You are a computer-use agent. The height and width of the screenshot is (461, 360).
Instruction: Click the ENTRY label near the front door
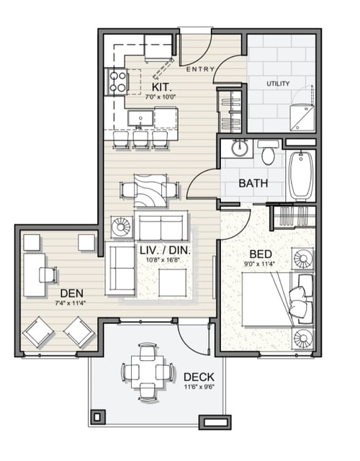coord(199,69)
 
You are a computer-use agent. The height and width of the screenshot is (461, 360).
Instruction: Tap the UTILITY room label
coord(278,84)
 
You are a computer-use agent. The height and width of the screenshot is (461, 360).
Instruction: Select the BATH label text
coord(253,183)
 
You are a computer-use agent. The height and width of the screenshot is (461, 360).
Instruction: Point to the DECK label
coord(198,377)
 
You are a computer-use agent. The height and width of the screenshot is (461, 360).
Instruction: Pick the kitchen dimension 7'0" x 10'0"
coord(161,95)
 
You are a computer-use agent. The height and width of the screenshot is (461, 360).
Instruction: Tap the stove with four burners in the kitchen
coord(117,81)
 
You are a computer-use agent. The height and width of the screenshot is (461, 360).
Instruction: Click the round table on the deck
coord(147,372)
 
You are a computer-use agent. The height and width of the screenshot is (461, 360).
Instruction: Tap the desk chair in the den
coord(48,274)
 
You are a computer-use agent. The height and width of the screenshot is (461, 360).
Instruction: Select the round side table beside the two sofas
coord(120,227)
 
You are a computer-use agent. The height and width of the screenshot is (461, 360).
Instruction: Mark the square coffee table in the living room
coord(173,282)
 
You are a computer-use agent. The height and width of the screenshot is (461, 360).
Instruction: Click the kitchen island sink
coord(140,117)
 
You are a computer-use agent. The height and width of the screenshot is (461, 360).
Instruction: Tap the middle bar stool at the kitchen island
coord(140,138)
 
